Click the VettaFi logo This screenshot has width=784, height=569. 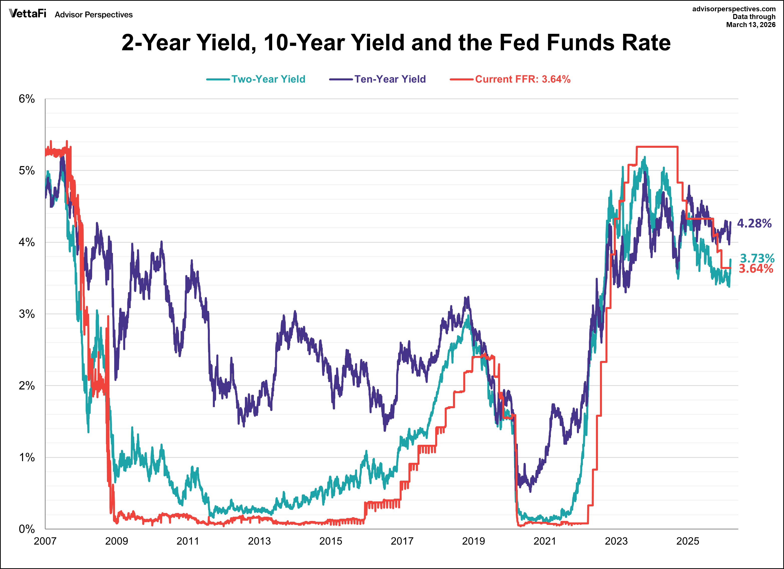click(28, 14)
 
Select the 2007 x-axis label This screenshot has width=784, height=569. click(45, 541)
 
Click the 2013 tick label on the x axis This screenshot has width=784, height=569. click(259, 541)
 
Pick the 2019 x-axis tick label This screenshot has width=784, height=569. click(473, 541)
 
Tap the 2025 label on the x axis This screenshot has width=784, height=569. click(688, 541)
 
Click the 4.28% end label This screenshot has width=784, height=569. click(754, 223)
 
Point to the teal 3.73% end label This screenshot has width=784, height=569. click(757, 258)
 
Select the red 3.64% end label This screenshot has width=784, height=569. click(756, 269)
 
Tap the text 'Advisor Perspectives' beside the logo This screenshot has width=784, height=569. click(94, 15)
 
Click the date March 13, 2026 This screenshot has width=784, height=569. click(751, 25)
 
